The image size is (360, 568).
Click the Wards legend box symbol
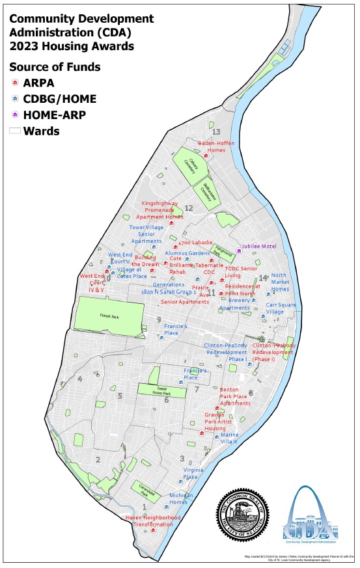point(14,131)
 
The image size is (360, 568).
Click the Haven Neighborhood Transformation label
point(152,521)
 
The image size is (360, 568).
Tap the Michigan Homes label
point(178,499)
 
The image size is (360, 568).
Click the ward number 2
point(98,460)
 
